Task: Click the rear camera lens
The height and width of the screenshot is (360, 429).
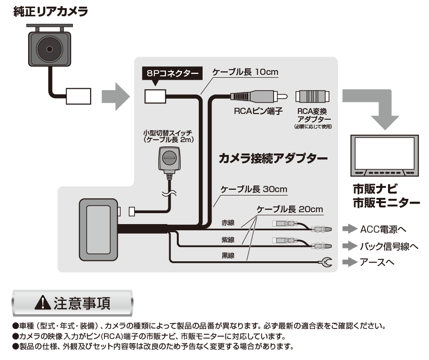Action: [50, 49]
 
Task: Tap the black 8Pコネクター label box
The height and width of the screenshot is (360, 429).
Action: [172, 73]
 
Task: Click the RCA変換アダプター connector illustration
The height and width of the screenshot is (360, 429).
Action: [312, 96]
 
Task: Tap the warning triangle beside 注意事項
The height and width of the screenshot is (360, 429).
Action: [43, 302]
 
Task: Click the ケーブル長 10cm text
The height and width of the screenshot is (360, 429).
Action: [245, 72]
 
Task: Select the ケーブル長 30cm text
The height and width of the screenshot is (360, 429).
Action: [254, 189]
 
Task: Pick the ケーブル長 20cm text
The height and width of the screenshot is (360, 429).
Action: [290, 209]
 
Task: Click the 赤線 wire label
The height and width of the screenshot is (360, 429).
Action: [228, 223]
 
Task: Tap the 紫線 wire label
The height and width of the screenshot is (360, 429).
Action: [228, 240]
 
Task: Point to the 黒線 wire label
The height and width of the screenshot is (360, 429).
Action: [228, 256]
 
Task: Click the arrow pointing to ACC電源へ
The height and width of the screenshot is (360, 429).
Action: [350, 228]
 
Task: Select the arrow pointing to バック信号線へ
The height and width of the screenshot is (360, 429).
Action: [350, 246]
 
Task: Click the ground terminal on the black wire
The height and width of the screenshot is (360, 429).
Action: [327, 262]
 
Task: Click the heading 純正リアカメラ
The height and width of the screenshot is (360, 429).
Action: [51, 12]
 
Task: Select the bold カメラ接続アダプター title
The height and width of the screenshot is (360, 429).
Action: [273, 158]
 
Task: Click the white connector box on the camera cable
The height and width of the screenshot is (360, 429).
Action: [79, 96]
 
